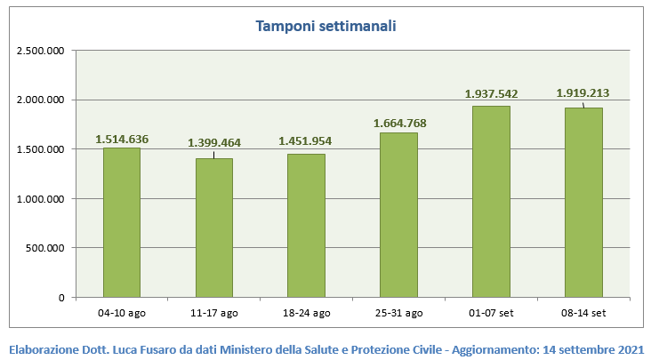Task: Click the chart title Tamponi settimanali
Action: coord(325,27)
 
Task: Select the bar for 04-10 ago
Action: coord(121,222)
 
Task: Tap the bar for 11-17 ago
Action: coord(213,228)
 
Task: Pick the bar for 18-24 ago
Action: coord(306,226)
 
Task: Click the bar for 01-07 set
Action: coord(491,202)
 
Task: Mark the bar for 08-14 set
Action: coord(583,203)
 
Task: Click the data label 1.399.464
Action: coord(213,142)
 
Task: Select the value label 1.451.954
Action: coord(306,140)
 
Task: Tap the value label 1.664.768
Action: coord(398,123)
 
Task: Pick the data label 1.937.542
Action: coord(491,93)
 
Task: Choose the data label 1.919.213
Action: coord(583,92)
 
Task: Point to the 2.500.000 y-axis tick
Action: coord(41,51)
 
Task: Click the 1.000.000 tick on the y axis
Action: coord(41,199)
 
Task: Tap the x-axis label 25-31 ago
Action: coord(398,312)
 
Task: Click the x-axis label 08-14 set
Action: coord(583,312)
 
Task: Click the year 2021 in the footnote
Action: coord(630,348)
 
